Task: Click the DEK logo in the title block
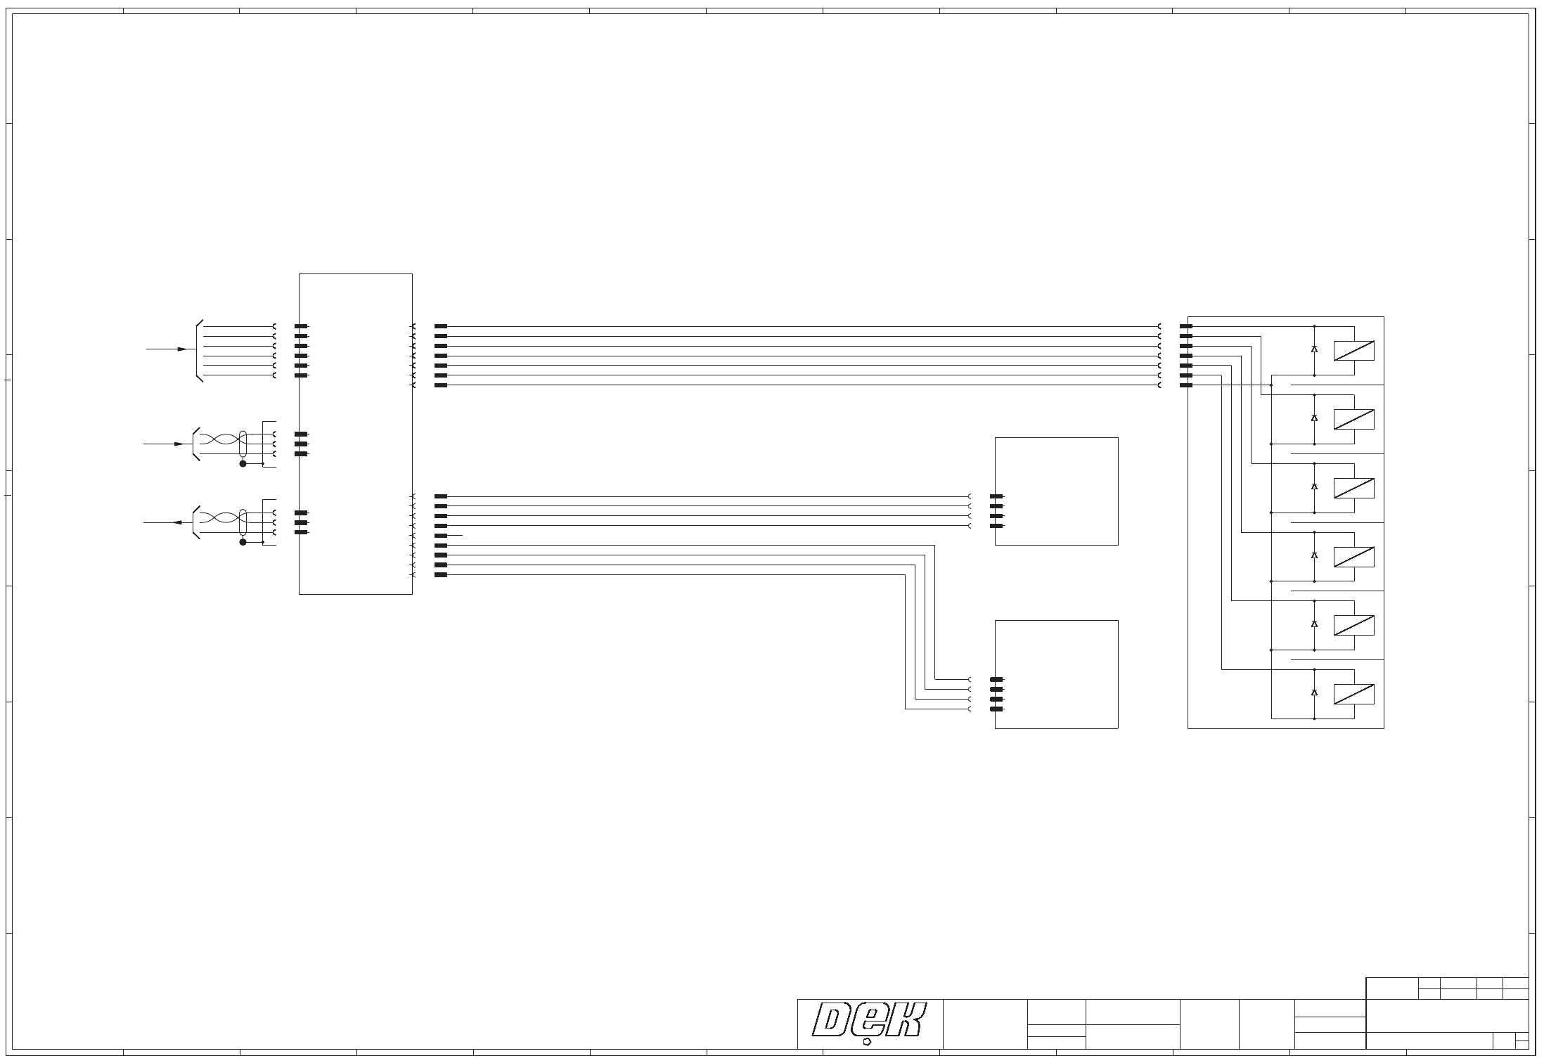coord(870,1022)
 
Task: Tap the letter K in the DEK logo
coord(903,1019)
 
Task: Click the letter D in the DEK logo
coord(833,1019)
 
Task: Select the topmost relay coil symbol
coord(1353,350)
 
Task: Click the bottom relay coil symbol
coord(1353,695)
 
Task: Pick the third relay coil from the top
coord(1353,488)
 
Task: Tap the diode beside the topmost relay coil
coord(1314,349)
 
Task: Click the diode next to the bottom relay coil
coord(1314,692)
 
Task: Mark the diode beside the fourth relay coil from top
coord(1314,555)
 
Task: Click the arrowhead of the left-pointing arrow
coord(176,523)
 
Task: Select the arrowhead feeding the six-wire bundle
coord(183,349)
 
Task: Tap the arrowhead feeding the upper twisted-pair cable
coord(179,444)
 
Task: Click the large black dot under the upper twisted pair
coord(243,464)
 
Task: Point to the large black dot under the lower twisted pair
coord(243,542)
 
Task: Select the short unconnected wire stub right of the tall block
coord(454,536)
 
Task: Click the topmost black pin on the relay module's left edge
coord(1185,326)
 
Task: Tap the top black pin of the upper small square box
coord(996,496)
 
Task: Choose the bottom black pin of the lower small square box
coord(996,709)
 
